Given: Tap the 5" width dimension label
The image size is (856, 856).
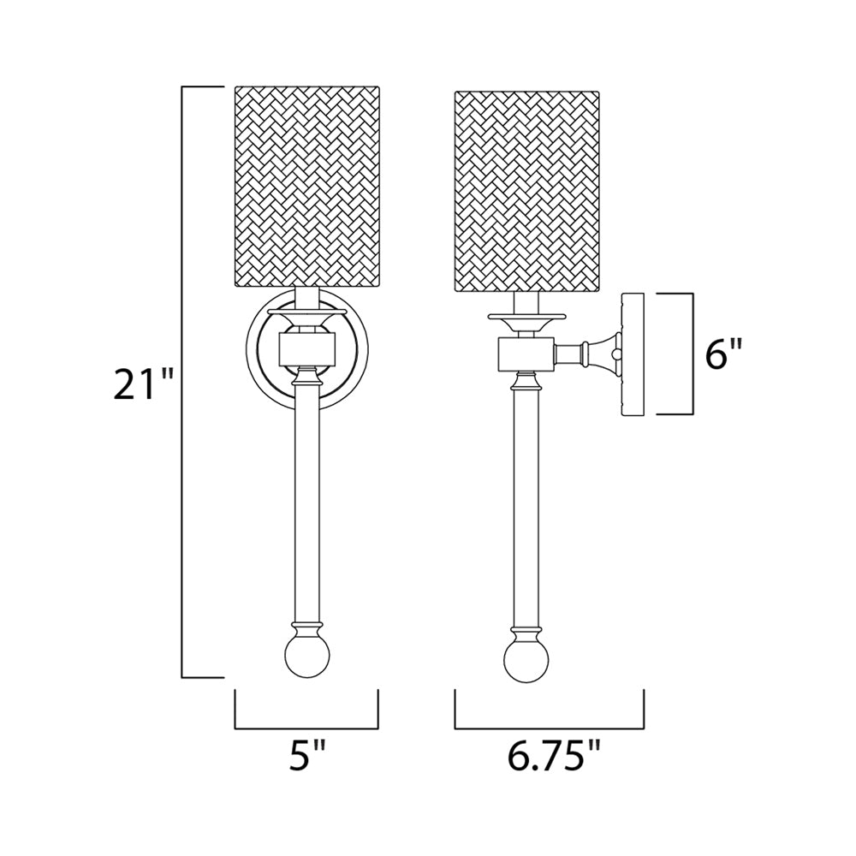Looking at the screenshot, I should click(x=306, y=758).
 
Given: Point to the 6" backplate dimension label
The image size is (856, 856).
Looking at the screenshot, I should click(x=724, y=353).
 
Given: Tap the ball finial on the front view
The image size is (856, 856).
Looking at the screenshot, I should click(x=306, y=655).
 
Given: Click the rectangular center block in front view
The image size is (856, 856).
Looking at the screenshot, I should click(x=306, y=349).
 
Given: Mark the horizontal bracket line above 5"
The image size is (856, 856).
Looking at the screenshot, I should click(x=306, y=728).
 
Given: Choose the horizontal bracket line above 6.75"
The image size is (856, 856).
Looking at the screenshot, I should click(x=550, y=728).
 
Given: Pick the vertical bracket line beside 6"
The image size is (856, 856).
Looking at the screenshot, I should click(x=691, y=353).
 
